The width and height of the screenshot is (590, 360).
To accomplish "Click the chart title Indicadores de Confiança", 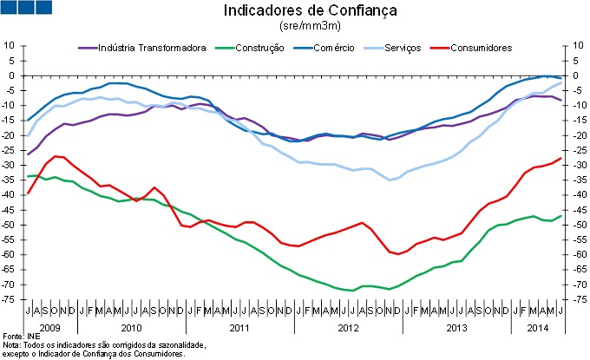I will (298, 11).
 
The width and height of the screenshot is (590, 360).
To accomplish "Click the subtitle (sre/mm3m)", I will (298, 28).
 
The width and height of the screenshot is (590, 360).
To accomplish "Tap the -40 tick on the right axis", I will (574, 194).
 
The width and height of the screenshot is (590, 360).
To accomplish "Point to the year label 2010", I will (130, 328).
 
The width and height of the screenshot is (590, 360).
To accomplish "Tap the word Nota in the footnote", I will (11, 345).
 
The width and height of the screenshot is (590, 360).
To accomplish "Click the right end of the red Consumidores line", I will (560, 158).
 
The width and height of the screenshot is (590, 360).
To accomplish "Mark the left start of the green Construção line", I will (29, 176).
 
